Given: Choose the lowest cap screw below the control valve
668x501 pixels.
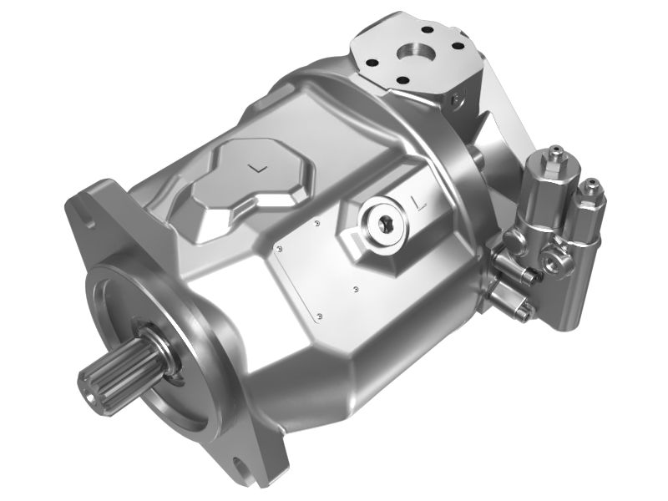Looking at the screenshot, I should tap(524, 314).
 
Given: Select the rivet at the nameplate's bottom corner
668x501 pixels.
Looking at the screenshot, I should tap(320, 316).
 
